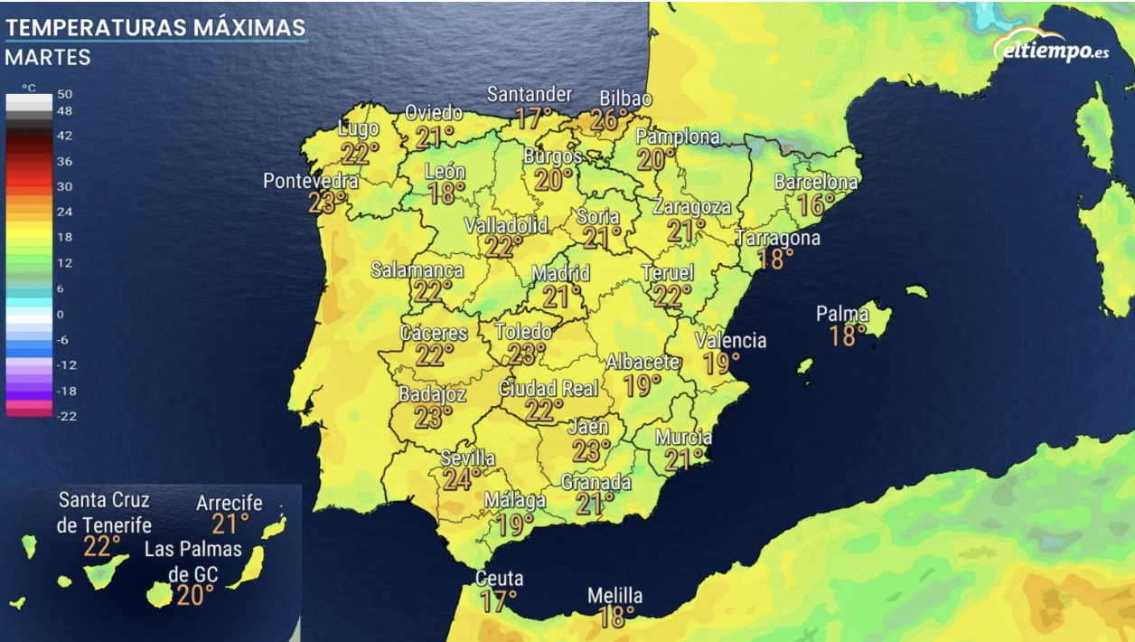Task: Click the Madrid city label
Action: click(x=560, y=273)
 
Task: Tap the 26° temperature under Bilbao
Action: click(x=610, y=119)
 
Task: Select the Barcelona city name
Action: click(x=816, y=182)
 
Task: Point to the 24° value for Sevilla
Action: click(x=461, y=478)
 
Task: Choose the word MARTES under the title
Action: click(x=48, y=57)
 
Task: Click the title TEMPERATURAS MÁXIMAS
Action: click(x=155, y=27)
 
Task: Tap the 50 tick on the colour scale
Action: click(x=65, y=94)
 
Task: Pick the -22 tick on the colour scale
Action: click(x=67, y=416)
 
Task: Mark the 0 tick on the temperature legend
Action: click(x=61, y=314)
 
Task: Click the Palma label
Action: click(x=842, y=314)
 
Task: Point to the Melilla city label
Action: click(x=614, y=596)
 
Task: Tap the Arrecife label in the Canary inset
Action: click(x=230, y=503)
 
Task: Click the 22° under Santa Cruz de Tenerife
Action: click(x=102, y=546)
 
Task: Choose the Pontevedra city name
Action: click(x=310, y=181)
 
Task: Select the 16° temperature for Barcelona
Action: click(x=815, y=204)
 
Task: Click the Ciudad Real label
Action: click(x=549, y=389)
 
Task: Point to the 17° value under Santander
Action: click(x=533, y=118)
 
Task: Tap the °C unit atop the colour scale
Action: click(x=29, y=88)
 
